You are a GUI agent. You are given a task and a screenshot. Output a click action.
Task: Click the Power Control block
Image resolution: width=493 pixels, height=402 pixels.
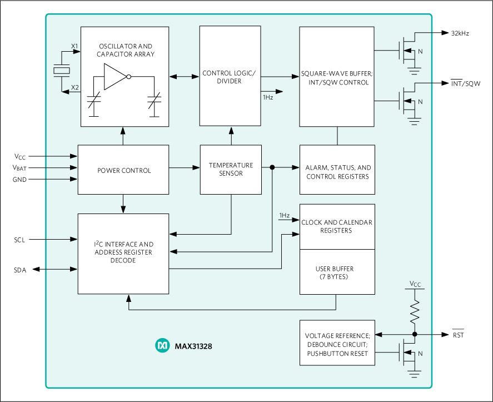tap(123, 170)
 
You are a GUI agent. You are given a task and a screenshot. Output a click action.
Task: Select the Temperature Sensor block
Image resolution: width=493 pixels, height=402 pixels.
tap(231, 169)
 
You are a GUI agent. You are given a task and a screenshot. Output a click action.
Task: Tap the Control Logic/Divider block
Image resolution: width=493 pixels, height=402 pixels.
tap(230, 77)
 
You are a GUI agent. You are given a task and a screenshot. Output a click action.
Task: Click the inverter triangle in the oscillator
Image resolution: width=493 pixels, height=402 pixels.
tap(116, 77)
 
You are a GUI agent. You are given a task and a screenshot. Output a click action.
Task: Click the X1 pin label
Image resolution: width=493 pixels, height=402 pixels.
tap(74, 46)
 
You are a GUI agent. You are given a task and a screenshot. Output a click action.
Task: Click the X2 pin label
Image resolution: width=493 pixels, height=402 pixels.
tap(74, 87)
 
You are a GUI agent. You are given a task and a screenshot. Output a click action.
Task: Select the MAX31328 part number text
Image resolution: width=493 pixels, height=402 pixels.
tap(193, 346)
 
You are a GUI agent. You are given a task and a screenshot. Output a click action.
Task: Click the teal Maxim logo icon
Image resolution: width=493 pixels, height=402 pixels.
tap(162, 345)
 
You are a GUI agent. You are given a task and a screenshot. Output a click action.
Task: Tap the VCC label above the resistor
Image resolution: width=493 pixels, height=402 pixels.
tap(415, 284)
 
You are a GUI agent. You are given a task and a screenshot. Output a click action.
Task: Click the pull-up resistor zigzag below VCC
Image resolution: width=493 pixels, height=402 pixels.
tap(415, 312)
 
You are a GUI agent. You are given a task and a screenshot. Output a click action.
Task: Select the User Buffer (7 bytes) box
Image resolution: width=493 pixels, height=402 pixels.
tap(337, 272)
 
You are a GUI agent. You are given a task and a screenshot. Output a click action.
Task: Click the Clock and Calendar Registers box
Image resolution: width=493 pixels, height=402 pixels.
tap(337, 226)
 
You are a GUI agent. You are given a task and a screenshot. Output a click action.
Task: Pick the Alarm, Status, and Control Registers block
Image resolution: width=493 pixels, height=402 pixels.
tap(337, 172)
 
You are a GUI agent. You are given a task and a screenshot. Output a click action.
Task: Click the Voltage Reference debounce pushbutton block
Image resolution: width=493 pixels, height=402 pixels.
tap(337, 344)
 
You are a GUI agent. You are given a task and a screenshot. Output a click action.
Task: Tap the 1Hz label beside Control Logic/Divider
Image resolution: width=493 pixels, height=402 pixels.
tap(268, 97)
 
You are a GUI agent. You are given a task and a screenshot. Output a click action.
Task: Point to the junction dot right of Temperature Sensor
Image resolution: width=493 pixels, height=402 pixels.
tap(272, 167)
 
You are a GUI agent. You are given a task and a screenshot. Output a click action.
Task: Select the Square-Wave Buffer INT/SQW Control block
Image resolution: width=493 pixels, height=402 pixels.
tap(337, 78)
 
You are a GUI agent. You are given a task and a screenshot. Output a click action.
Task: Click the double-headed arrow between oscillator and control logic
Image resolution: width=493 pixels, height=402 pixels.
tap(184, 77)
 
